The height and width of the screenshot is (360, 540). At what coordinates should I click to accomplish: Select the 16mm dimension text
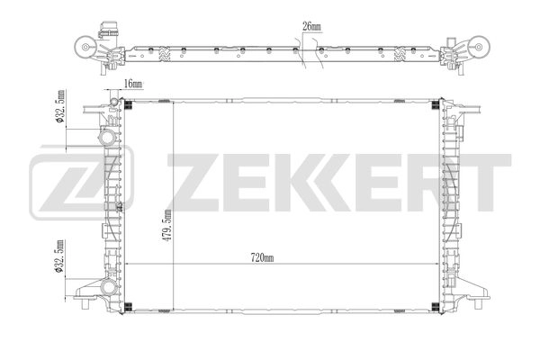point(133,84)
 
